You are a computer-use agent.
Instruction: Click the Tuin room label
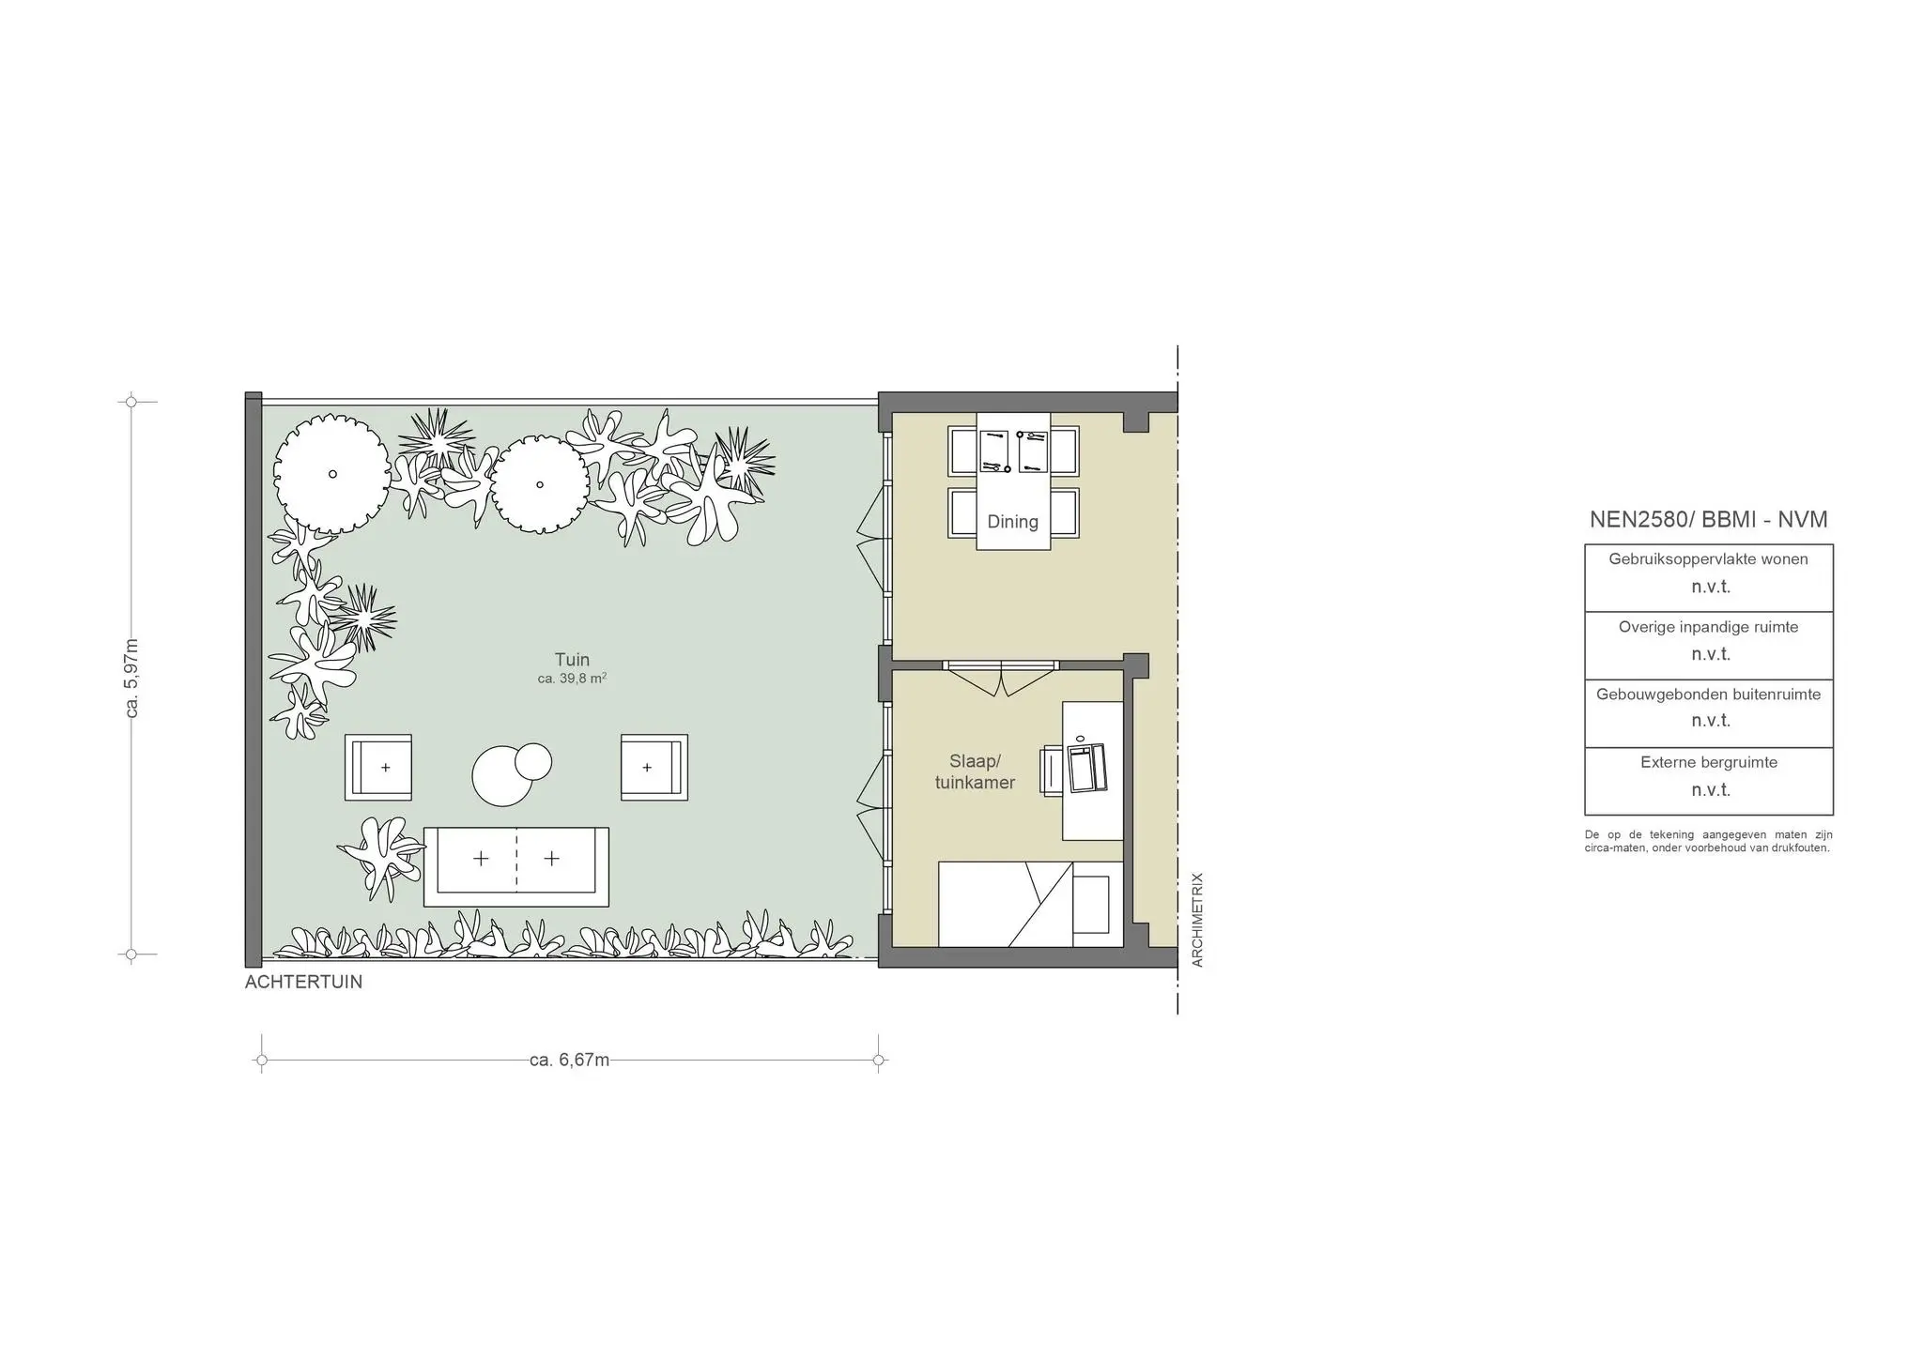click(x=572, y=660)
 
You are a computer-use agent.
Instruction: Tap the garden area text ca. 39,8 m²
click(x=572, y=679)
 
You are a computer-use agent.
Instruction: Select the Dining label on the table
click(x=1012, y=522)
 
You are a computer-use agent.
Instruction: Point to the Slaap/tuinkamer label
click(x=975, y=771)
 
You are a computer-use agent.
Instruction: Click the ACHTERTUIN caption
click(x=303, y=983)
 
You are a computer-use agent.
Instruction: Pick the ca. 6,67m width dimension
click(x=570, y=1061)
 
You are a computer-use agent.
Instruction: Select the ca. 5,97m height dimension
click(x=131, y=679)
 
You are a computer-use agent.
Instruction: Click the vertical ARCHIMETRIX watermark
click(x=1197, y=920)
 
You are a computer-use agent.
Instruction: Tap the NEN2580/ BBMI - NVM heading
click(x=1708, y=520)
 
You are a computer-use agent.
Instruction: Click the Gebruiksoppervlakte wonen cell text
click(x=1708, y=559)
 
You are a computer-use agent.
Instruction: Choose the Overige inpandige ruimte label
click(x=1708, y=627)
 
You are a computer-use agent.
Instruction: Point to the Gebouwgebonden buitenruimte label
click(x=1708, y=695)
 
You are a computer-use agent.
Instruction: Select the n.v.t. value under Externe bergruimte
click(x=1711, y=790)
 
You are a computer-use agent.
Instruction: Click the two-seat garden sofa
click(x=516, y=866)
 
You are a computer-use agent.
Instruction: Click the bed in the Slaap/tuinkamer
click(x=1031, y=904)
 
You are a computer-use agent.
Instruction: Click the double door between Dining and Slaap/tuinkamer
click(x=1002, y=678)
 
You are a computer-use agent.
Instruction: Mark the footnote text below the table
click(x=1708, y=841)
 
